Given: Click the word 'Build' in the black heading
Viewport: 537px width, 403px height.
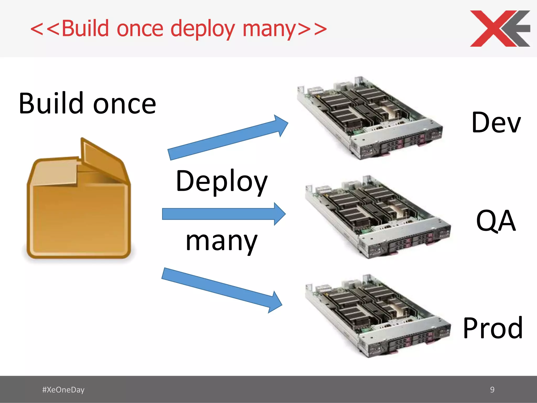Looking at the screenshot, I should click(51, 104).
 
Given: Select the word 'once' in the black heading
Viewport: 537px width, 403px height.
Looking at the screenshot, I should click(125, 105).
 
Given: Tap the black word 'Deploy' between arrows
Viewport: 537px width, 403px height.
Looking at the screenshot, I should click(222, 182).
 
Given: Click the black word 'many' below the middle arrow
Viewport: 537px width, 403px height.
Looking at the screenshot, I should click(222, 241).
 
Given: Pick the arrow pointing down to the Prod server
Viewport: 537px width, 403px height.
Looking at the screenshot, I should click(222, 290).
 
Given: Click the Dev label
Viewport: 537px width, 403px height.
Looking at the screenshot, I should click(496, 123).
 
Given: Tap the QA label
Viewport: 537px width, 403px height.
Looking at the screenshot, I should click(496, 221).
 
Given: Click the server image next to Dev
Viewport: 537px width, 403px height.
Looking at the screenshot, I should click(370, 118).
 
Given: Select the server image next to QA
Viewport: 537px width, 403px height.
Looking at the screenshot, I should click(378, 216).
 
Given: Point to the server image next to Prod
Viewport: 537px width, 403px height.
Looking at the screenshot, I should click(378, 316).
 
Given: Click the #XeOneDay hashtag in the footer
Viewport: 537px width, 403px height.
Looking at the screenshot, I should click(63, 390).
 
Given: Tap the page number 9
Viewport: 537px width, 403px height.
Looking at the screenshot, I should click(492, 390).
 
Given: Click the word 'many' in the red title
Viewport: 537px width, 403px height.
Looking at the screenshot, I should click(269, 29).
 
